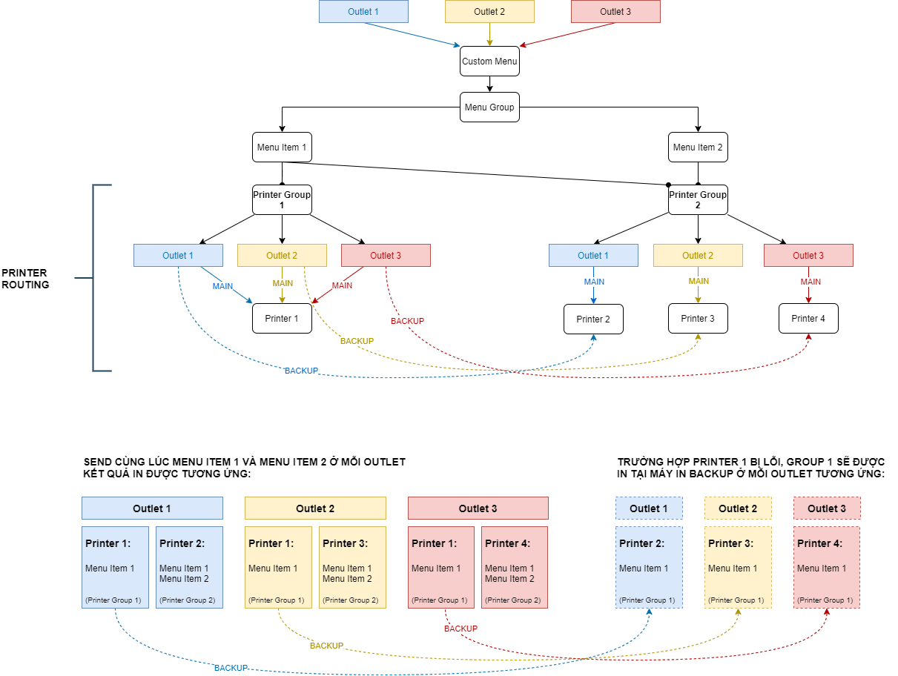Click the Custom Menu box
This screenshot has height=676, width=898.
489,62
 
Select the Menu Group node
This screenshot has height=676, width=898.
489,107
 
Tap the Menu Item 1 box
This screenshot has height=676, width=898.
282,148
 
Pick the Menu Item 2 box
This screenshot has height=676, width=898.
698,148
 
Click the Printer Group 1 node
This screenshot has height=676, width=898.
282,199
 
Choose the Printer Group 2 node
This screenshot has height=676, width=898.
698,199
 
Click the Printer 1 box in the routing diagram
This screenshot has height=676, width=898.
282,319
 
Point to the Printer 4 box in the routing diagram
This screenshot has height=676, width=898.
808,319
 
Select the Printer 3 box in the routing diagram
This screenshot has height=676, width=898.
698,319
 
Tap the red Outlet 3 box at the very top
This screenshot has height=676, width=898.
615,12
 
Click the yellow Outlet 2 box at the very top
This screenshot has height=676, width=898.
489,12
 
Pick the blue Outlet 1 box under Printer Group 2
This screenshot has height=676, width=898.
593,256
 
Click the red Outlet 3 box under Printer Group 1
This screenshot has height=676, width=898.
386,256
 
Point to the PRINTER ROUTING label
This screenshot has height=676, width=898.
24,279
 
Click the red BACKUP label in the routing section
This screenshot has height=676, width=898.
407,321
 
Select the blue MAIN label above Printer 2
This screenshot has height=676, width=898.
594,282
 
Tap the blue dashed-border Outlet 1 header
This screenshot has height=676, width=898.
649,508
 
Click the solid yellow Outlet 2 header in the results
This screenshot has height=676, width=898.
315,508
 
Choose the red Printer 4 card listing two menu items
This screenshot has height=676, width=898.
515,568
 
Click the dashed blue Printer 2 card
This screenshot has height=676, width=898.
649,568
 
